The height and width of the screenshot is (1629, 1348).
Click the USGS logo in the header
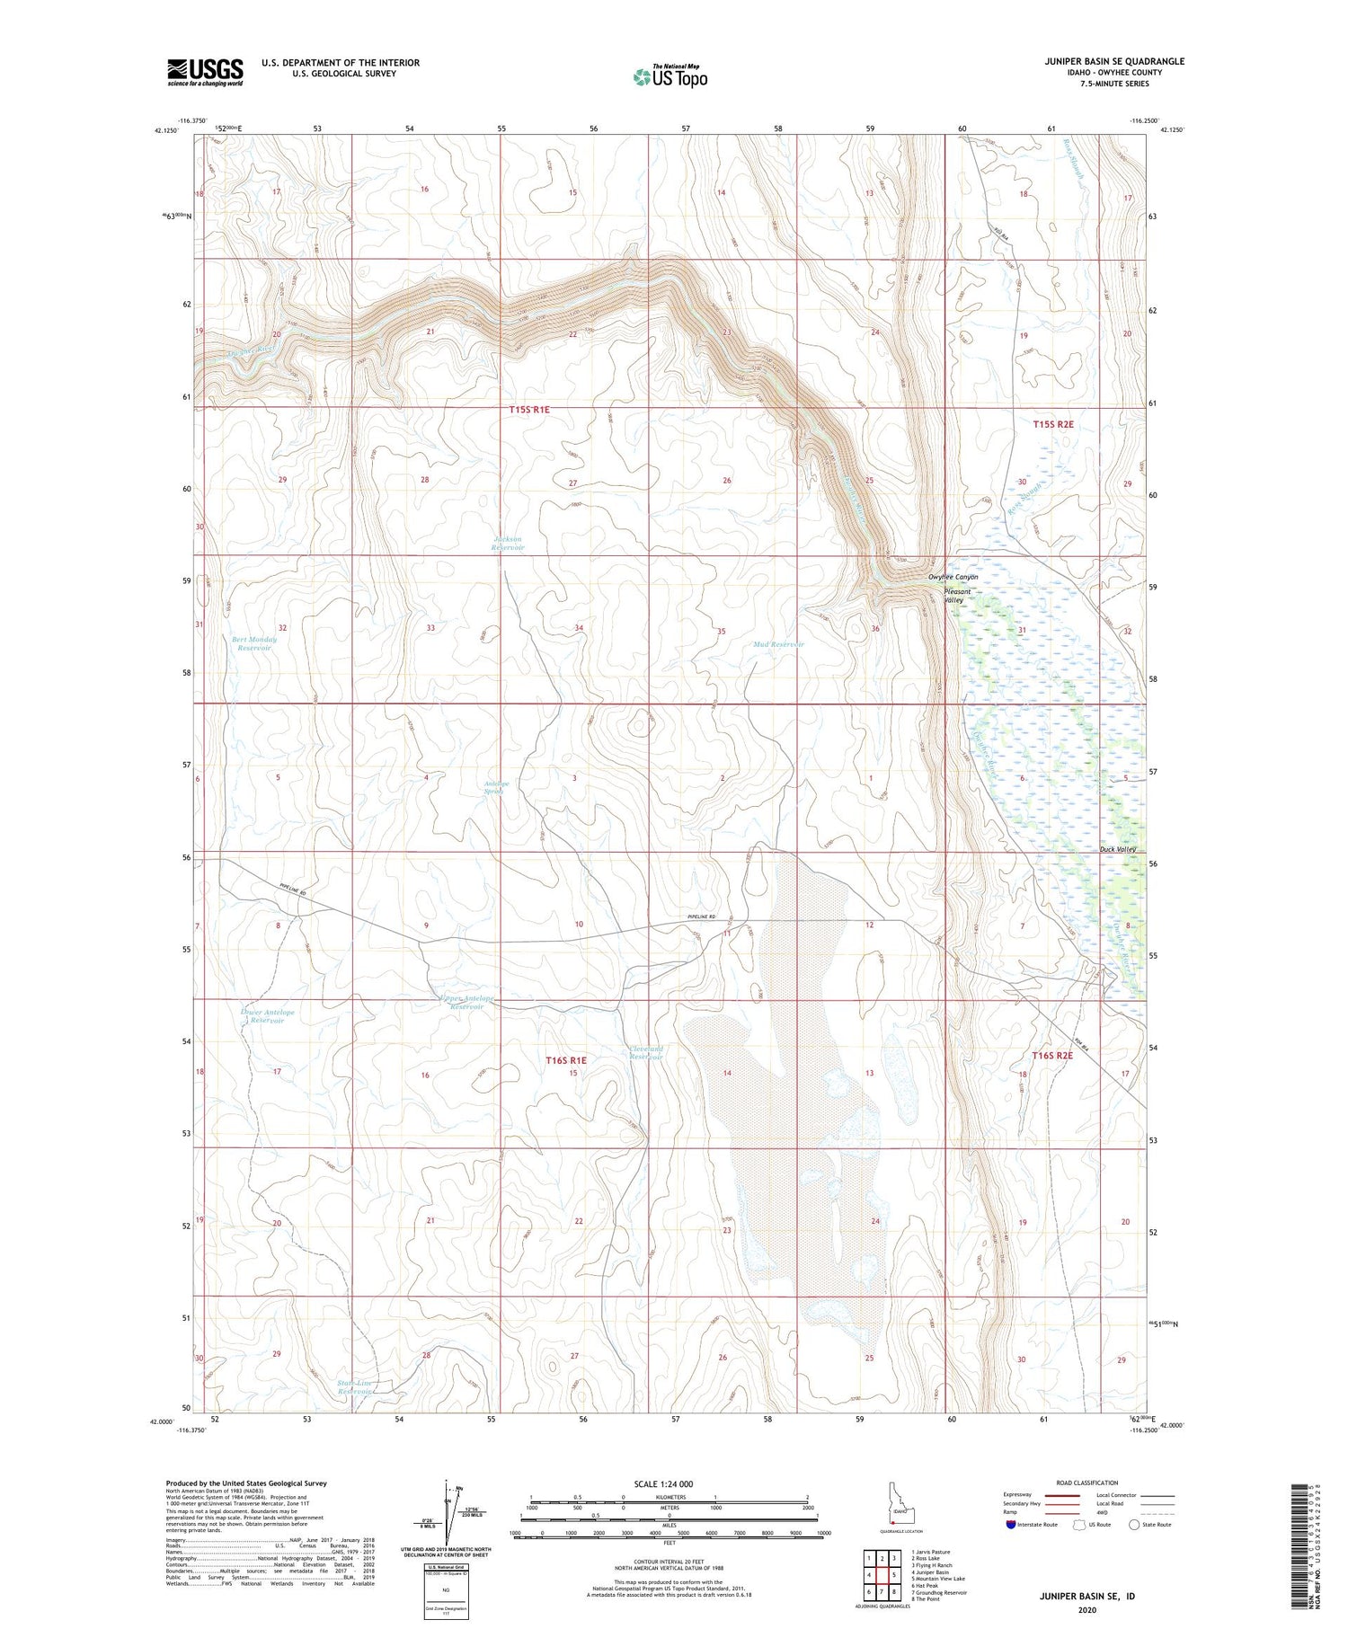coord(205,72)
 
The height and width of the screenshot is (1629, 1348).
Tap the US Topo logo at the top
coord(670,76)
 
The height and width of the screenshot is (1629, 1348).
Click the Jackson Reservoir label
coord(507,544)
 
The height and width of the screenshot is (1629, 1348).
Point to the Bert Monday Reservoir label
coord(254,643)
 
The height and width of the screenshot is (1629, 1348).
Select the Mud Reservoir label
coord(779,644)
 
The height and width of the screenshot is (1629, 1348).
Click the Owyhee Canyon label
coord(953,577)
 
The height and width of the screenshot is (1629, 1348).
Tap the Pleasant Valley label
coord(957,596)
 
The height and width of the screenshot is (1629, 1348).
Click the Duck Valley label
coord(1118,849)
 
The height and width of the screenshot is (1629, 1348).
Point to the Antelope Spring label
coord(496,787)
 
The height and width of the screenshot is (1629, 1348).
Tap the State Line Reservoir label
coord(354,1387)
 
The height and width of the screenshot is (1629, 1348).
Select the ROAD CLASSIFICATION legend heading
coord(1087,1483)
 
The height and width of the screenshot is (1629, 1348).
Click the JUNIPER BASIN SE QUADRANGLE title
coord(1102,61)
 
